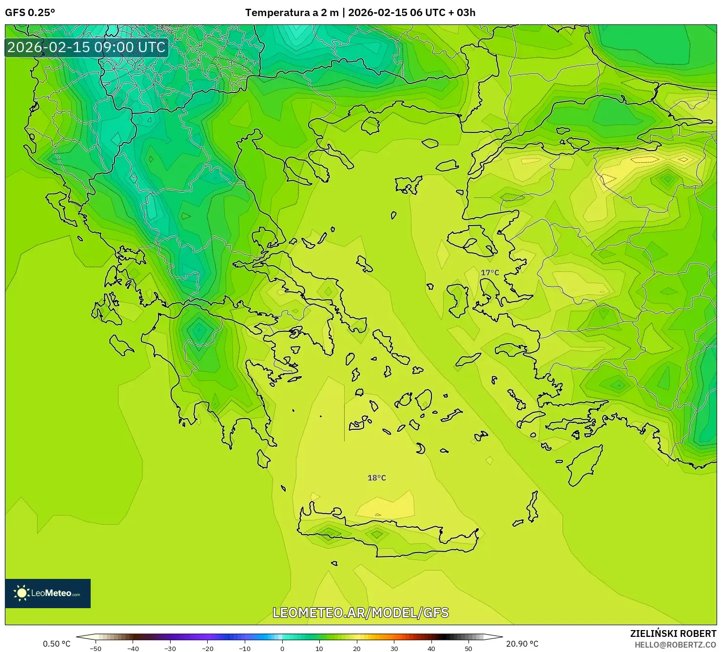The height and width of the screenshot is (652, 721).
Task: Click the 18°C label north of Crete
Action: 376,478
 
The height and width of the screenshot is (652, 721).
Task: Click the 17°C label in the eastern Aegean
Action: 490,273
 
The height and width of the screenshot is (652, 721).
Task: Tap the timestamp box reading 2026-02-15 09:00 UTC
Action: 87,47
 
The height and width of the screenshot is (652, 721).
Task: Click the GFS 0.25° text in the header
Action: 30,13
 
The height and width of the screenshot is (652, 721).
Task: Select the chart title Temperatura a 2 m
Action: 292,13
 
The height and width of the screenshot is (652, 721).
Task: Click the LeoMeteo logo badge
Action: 48,593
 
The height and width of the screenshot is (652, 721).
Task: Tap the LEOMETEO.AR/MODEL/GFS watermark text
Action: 360,613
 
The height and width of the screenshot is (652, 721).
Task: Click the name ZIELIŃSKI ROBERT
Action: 673,633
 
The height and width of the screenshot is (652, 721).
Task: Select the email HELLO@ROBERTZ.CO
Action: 675,645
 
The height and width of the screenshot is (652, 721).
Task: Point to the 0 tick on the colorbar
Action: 282,648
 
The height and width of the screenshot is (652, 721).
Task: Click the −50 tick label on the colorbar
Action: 96,648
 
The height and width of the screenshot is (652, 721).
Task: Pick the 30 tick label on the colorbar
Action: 394,648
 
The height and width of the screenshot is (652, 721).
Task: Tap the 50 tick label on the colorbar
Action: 468,648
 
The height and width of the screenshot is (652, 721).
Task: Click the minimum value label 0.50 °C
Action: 57,644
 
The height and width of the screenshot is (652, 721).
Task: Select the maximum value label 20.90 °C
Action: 522,644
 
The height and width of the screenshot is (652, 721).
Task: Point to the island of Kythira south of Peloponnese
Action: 263,459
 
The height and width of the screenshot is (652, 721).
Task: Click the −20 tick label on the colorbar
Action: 208,648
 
